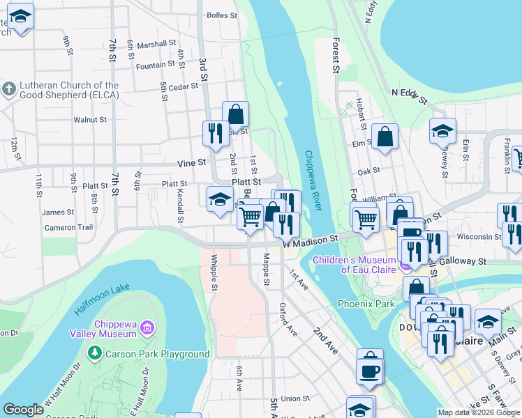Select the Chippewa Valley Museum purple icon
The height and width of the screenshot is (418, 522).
pos(147,327)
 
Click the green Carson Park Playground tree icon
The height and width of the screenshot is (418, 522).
pos(95,354)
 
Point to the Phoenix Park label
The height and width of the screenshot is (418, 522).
pos(366,304)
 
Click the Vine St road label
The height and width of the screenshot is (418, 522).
pos(191,162)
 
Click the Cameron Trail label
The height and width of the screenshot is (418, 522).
pos(68,227)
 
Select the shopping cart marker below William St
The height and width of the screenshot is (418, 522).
pos(366,219)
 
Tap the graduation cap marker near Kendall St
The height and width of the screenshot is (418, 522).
pos(220,199)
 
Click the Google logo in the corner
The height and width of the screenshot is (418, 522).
pos(23,410)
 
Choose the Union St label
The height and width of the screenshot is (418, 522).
pos(295,398)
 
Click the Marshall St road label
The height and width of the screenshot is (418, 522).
pos(156,43)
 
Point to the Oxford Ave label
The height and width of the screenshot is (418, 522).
pos(288,319)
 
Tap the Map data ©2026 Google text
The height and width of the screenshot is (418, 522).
pos(479,412)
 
